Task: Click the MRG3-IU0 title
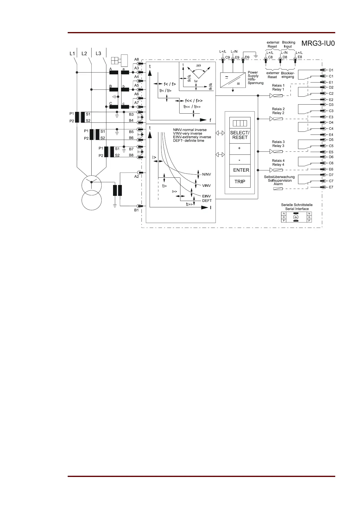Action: tap(318, 43)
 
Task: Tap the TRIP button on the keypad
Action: tap(240, 182)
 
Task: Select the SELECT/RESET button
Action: tap(240, 135)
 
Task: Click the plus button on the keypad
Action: tap(240, 148)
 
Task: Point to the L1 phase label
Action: tap(72, 53)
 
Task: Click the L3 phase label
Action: tap(98, 53)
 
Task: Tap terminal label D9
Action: tap(247, 57)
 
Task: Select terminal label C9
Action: tap(228, 57)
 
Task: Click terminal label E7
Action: tap(331, 187)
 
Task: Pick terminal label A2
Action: tap(137, 177)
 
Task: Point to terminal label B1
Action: tap(137, 210)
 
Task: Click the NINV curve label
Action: tap(206, 174)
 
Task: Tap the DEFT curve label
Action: tap(207, 201)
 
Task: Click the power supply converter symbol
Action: tap(232, 80)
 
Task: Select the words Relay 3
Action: tap(278, 146)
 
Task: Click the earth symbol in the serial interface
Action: tap(296, 217)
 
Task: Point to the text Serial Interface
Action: tap(297, 209)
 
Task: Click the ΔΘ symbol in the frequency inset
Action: tap(198, 66)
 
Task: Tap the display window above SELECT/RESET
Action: tap(240, 123)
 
